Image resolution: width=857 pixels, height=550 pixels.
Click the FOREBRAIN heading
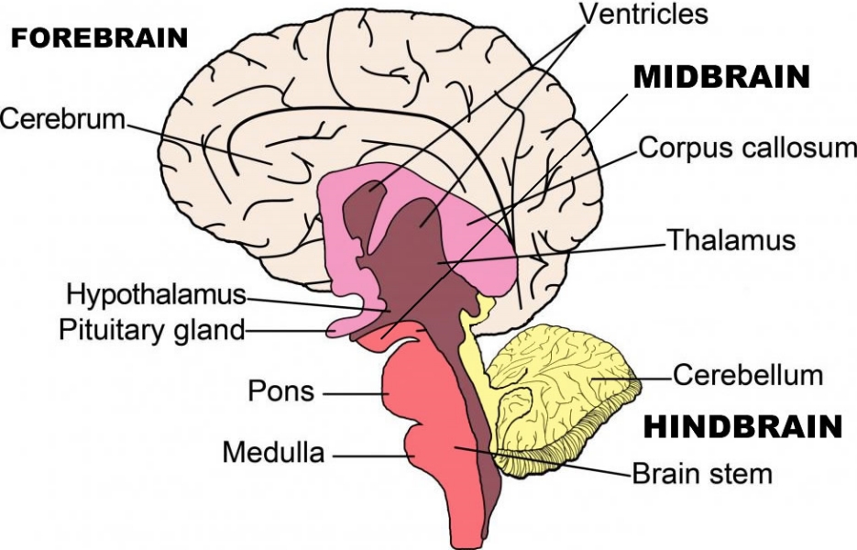coord(98,38)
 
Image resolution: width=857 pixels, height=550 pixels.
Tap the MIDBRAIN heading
coord(722,77)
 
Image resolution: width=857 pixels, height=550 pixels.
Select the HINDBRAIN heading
coord(742,426)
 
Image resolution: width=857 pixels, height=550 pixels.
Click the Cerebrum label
coord(62,119)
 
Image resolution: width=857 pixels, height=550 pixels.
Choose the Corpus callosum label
coord(746,148)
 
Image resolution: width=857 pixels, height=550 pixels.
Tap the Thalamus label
coord(731,241)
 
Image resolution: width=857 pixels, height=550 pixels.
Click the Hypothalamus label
coord(157,295)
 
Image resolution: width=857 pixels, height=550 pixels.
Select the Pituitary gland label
coord(152,329)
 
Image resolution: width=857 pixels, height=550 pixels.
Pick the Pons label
coord(280,391)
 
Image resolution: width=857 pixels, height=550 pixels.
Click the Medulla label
coord(273,451)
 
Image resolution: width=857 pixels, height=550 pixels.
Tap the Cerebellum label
coord(748,375)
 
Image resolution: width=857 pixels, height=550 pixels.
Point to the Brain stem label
coord(702,474)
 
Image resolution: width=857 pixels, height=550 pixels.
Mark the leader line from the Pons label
coord(353,394)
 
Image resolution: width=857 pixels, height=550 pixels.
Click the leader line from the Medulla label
coord(367,453)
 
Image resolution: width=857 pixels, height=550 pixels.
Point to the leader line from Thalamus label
coord(568,250)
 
